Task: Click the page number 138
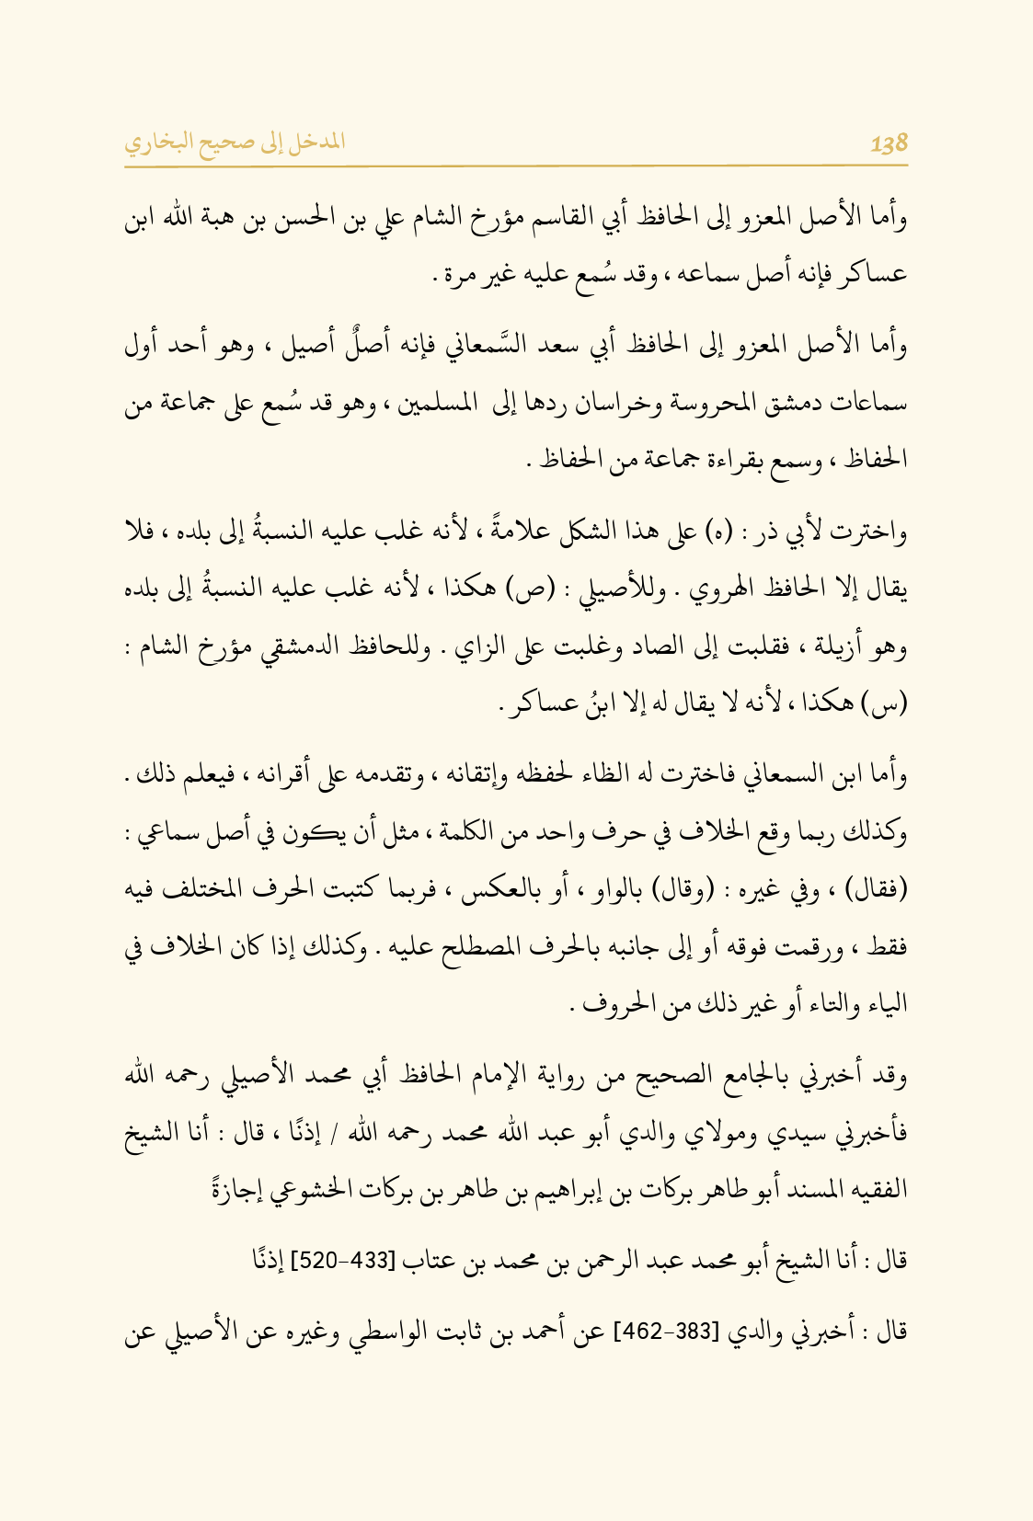[889, 143]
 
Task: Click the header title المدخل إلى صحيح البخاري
[235, 143]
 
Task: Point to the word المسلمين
[439, 405]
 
